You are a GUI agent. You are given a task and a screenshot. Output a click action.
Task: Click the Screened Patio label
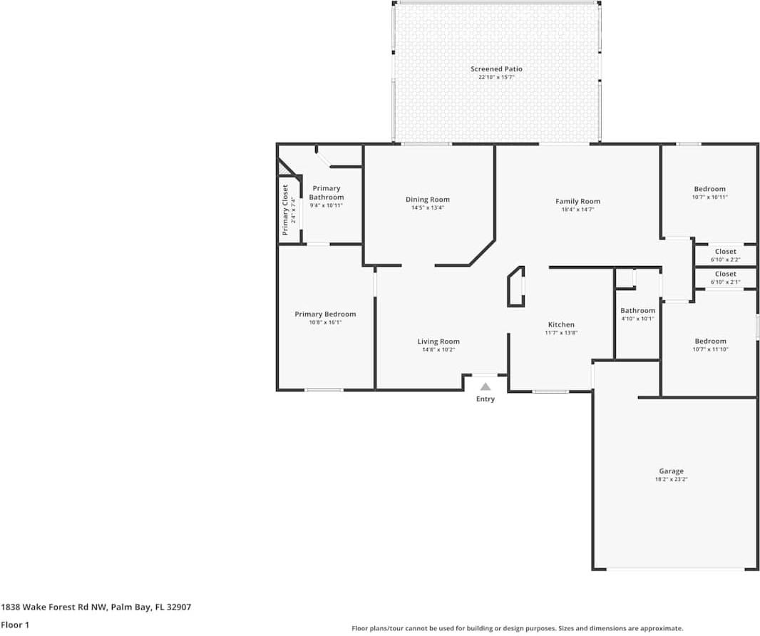(x=496, y=69)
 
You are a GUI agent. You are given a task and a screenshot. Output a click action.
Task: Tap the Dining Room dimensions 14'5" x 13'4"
(x=428, y=208)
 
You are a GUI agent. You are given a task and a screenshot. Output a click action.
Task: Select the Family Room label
(x=577, y=202)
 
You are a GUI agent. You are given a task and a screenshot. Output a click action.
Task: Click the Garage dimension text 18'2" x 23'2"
(x=671, y=480)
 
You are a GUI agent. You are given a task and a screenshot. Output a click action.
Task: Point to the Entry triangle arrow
(x=486, y=386)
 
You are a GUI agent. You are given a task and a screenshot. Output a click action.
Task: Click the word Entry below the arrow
(x=486, y=399)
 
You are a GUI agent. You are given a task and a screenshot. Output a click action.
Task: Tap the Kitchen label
(x=561, y=325)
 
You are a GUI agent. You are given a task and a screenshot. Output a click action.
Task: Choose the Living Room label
(x=438, y=342)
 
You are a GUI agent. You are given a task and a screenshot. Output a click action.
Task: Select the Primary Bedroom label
(x=325, y=314)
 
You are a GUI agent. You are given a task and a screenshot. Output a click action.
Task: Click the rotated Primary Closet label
(x=285, y=210)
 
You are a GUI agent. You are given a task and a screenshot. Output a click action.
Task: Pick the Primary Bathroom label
(x=327, y=193)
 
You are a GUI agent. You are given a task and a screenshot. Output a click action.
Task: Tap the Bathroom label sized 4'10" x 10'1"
(x=637, y=311)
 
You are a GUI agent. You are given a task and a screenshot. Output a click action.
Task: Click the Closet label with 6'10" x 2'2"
(x=726, y=252)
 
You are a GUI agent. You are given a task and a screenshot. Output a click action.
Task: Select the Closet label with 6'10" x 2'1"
(x=726, y=274)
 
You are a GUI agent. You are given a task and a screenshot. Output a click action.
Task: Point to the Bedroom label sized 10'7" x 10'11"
(x=710, y=189)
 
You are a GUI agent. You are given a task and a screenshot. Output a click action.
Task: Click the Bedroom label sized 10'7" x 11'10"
(x=710, y=342)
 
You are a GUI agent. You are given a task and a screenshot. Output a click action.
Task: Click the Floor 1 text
(x=14, y=625)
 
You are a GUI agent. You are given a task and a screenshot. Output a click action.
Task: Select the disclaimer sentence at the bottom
(x=518, y=628)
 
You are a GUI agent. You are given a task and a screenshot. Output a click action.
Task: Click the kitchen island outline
(x=515, y=287)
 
